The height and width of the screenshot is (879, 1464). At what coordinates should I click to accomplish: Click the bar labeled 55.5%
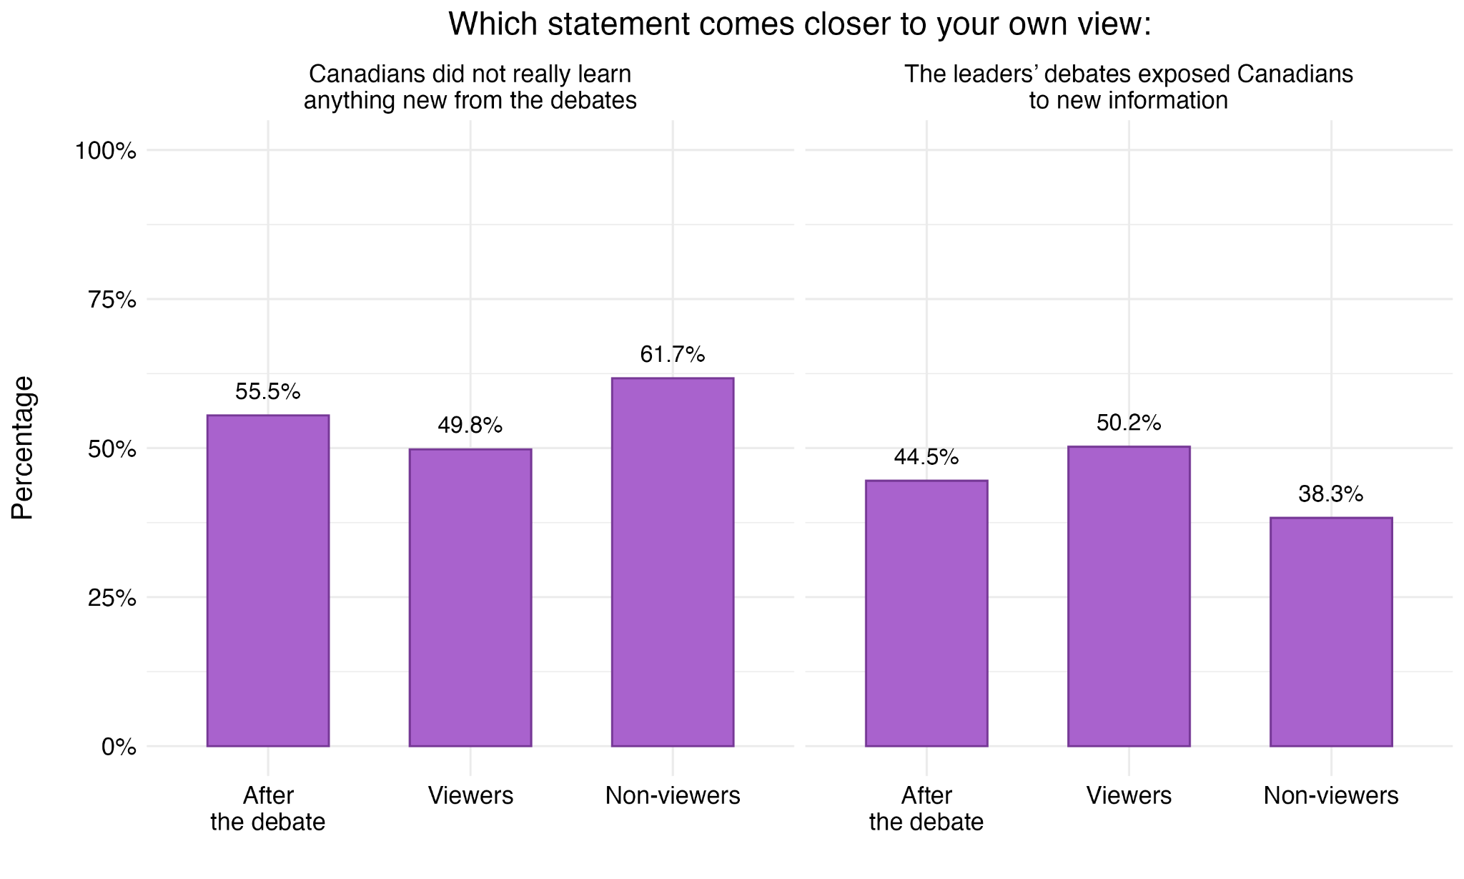coord(268,581)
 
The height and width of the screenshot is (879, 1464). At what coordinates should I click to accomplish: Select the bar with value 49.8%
coord(470,598)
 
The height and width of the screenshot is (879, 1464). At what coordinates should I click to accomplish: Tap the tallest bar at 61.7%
coord(673,562)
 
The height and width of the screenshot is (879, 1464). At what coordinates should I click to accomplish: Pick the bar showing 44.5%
coord(926,614)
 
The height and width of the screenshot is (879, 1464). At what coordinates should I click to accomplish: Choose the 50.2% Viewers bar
coord(1129,596)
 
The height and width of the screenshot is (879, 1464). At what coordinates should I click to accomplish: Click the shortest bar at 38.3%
coord(1331,632)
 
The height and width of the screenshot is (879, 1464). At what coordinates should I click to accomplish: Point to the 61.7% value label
coord(673,355)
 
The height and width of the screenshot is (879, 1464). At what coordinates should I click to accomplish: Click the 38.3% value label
coord(1331,494)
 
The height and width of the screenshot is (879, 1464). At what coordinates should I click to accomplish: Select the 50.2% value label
coord(1129,423)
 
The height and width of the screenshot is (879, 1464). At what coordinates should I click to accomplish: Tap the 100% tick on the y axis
coord(106,151)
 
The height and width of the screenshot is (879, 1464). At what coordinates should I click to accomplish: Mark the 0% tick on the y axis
coord(119,747)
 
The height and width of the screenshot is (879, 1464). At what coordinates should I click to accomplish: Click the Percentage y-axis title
coord(23,448)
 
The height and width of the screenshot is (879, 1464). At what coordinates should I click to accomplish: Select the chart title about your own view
coord(800,24)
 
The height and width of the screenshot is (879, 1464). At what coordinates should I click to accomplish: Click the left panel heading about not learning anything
coord(470,87)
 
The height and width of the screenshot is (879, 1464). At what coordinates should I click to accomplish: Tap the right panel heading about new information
coord(1129,87)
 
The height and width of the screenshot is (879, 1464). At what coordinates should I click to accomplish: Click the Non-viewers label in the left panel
coord(673,796)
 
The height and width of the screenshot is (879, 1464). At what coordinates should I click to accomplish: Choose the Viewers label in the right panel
coord(1129,796)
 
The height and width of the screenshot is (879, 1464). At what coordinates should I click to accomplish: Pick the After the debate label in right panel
coord(926,809)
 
